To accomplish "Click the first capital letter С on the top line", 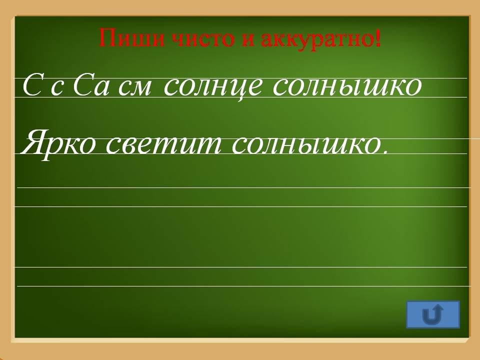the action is (x=31, y=86).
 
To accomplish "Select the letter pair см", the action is (x=134, y=89).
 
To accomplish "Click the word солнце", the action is (x=213, y=87).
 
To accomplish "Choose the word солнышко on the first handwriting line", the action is (x=347, y=86).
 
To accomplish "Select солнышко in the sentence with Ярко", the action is (x=306, y=144).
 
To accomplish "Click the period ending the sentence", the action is (x=385, y=151).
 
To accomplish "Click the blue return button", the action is (x=433, y=314).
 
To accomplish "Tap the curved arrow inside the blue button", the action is (x=433, y=314).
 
